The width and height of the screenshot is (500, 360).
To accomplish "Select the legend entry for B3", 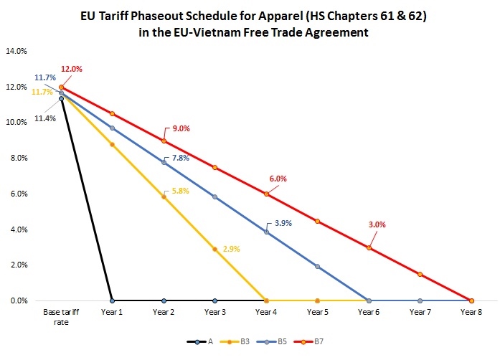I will (x=235, y=341).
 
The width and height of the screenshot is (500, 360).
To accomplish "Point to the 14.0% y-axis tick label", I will (x=16, y=51).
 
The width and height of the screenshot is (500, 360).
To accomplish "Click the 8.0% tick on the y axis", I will (x=18, y=158).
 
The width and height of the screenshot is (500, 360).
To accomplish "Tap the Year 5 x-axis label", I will (x=317, y=313).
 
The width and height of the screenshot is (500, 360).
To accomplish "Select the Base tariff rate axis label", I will (x=61, y=318).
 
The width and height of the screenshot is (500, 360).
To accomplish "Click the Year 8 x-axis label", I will (x=471, y=313).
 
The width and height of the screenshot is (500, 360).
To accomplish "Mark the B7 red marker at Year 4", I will (x=266, y=194).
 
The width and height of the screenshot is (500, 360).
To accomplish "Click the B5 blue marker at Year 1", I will (x=112, y=128).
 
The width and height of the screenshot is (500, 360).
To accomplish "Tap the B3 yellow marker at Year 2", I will (x=164, y=196).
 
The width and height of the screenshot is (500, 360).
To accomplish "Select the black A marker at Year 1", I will (x=112, y=300).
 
